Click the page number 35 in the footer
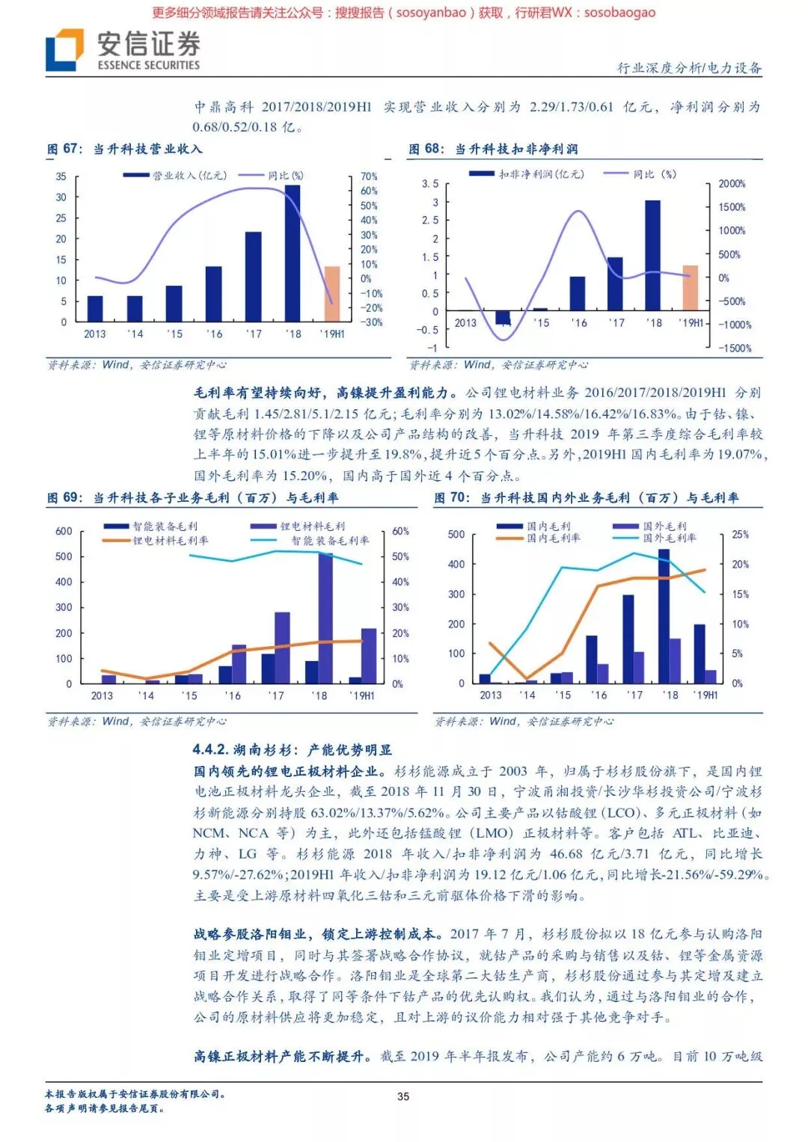point(403,1096)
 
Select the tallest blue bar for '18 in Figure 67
point(293,253)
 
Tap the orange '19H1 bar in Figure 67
point(331,293)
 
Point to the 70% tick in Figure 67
point(369,176)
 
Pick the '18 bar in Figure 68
point(652,255)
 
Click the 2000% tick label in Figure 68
point(732,184)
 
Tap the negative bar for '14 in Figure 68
point(503,317)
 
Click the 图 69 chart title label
point(64,497)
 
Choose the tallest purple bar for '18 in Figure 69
point(325,618)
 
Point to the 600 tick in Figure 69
point(64,531)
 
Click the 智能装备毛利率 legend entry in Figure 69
point(329,540)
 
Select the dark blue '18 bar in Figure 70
point(664,616)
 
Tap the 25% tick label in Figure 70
point(740,534)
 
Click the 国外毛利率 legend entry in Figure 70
point(670,538)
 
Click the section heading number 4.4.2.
point(209,749)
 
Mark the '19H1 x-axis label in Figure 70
point(705,695)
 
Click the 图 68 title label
point(426,149)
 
